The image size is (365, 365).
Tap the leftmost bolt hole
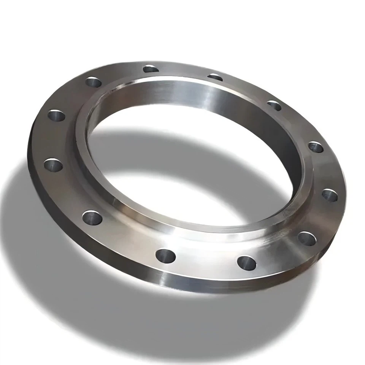click(53, 165)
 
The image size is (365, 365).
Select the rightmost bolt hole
click(330, 195)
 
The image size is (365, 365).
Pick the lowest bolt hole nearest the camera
click(246, 262)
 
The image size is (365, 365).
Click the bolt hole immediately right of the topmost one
click(215, 77)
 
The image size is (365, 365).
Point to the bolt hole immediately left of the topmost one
click(94, 82)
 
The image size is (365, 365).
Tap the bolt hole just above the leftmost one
click(56, 114)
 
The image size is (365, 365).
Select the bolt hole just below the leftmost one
click(92, 217)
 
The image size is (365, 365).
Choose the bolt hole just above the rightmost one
click(316, 147)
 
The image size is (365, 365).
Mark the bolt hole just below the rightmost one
click(307, 238)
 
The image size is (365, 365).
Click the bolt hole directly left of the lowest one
click(165, 256)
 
